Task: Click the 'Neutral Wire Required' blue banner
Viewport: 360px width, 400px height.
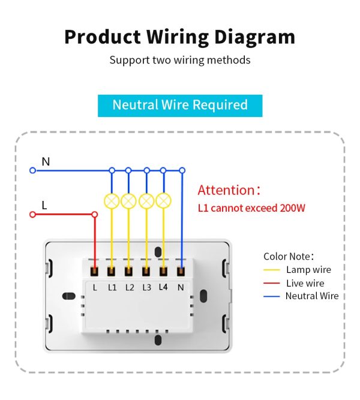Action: (x=180, y=105)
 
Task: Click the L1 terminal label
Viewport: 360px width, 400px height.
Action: (x=112, y=287)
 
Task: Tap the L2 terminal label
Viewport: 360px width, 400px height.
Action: (x=130, y=287)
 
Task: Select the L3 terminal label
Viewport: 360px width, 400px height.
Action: (x=146, y=287)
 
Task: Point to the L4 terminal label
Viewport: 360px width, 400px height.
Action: (x=163, y=287)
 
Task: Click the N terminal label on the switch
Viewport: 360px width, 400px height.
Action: (x=181, y=287)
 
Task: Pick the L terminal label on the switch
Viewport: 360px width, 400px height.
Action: (x=95, y=287)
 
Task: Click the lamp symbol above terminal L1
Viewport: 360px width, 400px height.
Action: (x=112, y=201)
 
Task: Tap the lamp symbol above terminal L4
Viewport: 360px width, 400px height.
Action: (x=163, y=201)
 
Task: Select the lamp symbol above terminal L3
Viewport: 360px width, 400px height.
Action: (x=146, y=201)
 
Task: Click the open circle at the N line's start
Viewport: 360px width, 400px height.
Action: (x=33, y=170)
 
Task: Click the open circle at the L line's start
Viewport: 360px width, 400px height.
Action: (x=33, y=214)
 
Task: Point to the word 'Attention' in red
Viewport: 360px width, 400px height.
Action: (x=226, y=191)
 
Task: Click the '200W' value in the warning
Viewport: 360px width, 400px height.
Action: (x=293, y=209)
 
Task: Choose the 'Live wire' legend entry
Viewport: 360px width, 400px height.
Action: (x=305, y=283)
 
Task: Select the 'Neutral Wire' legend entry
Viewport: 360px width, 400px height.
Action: (x=312, y=296)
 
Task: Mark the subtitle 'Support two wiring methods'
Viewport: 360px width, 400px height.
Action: (x=180, y=60)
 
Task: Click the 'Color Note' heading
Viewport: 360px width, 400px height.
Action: (x=289, y=257)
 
